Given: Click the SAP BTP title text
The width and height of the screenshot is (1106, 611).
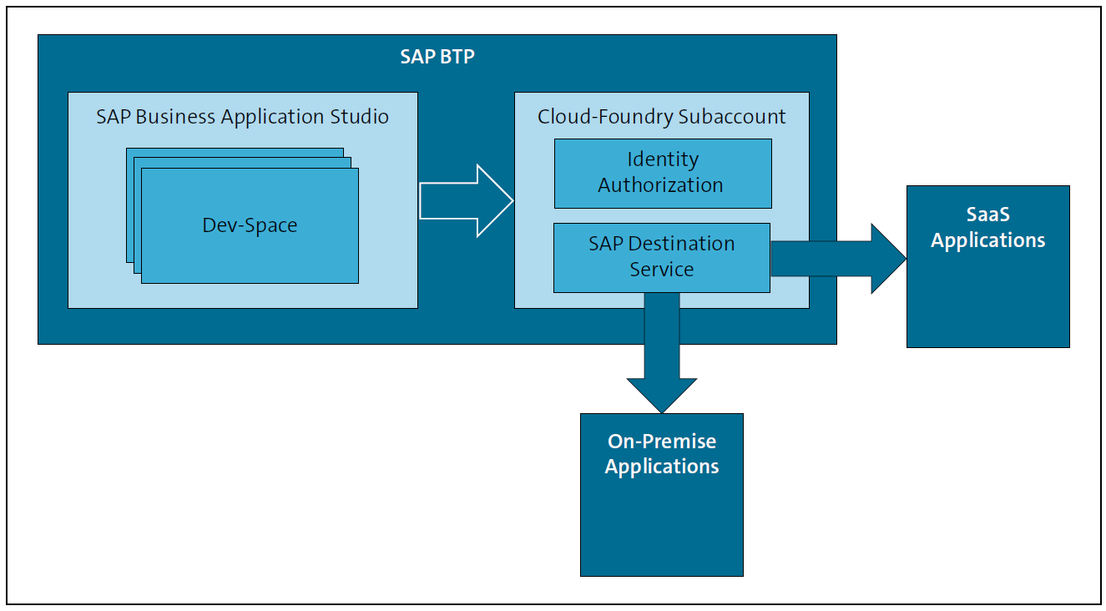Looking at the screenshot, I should click(x=437, y=58).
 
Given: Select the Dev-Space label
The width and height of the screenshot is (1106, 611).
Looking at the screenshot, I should click(x=250, y=225).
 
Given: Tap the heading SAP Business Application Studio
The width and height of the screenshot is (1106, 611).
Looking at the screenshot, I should click(x=242, y=117).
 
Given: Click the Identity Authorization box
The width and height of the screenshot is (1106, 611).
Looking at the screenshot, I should click(x=663, y=173).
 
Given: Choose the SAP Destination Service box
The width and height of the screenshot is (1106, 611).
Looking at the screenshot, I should click(x=661, y=257).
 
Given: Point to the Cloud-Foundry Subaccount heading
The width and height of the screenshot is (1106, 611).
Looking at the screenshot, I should click(x=661, y=117).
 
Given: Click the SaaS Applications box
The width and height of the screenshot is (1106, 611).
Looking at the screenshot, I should click(x=987, y=284).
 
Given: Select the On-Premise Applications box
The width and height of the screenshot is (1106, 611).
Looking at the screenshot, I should click(x=661, y=518).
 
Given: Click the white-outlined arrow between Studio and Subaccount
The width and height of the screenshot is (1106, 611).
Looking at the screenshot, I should click(x=466, y=201).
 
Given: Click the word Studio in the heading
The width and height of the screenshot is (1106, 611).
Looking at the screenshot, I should click(x=359, y=117).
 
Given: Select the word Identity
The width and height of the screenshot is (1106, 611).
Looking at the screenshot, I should click(x=663, y=159).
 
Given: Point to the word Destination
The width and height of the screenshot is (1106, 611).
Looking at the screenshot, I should click(x=682, y=244).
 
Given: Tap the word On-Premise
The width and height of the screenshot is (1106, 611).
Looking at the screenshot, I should click(x=661, y=442).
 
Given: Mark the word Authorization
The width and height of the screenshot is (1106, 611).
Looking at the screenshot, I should click(x=660, y=185).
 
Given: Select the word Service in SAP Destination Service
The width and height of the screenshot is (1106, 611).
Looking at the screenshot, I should click(x=661, y=270).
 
